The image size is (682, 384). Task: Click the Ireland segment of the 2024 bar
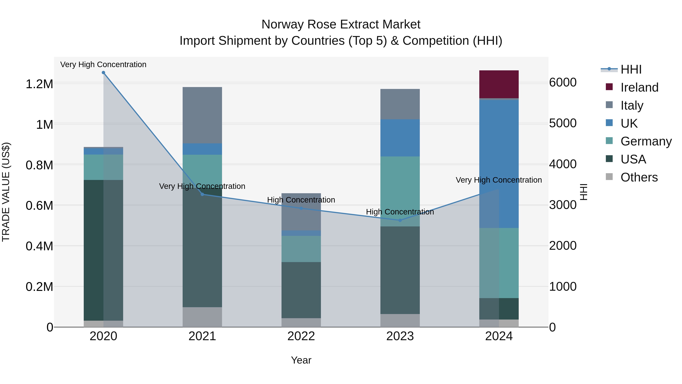pyautogui.click(x=499, y=84)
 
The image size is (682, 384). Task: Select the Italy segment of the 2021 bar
pyautogui.click(x=202, y=115)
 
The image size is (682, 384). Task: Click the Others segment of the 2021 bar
pyautogui.click(x=202, y=317)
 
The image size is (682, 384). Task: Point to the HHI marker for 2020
pyautogui.click(x=103, y=73)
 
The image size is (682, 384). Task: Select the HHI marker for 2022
pyautogui.click(x=301, y=208)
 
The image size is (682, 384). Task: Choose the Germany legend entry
pyautogui.click(x=646, y=141)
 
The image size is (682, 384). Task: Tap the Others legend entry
pyautogui.click(x=639, y=177)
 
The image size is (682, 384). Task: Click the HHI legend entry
pyautogui.click(x=631, y=69)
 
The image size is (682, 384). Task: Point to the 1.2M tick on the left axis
pyautogui.click(x=39, y=84)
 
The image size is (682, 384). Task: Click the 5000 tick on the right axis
pyautogui.click(x=563, y=123)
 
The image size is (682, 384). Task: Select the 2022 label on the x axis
pyautogui.click(x=301, y=336)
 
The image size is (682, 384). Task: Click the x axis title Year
pyautogui.click(x=301, y=360)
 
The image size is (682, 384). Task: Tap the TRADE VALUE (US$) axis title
pyautogui.click(x=6, y=192)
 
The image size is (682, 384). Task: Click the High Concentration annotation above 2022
pyautogui.click(x=301, y=200)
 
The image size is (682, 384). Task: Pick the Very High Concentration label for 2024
pyautogui.click(x=499, y=180)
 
